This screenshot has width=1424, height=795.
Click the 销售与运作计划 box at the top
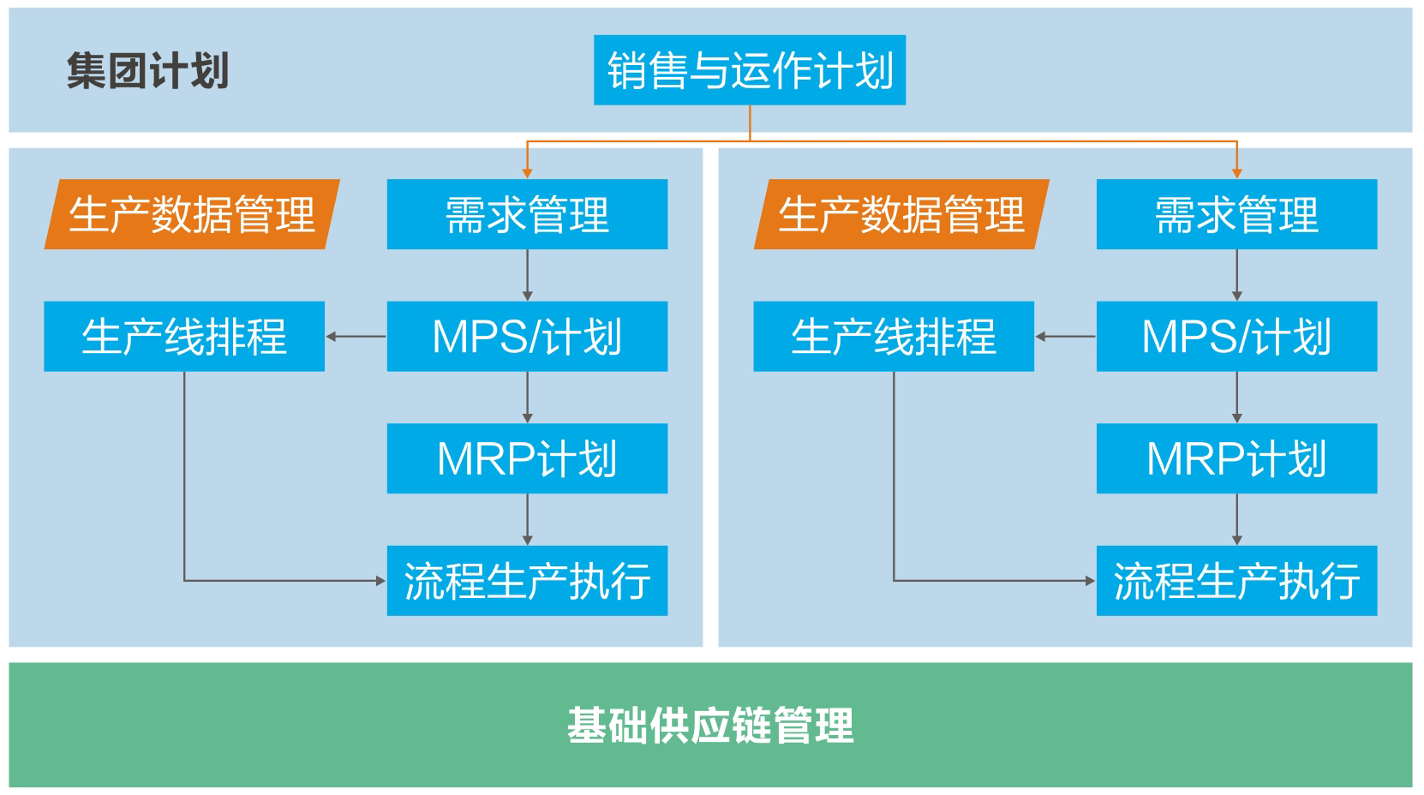point(750,70)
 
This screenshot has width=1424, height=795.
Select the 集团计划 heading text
point(147,70)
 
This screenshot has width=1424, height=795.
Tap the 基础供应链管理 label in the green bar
point(710,725)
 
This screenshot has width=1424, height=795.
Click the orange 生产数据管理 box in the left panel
point(192,214)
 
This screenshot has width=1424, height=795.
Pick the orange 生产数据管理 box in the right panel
point(901,214)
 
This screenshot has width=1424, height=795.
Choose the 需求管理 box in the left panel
point(527,214)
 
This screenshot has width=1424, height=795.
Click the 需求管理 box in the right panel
point(1236,214)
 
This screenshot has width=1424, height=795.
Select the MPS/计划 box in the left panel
point(527,336)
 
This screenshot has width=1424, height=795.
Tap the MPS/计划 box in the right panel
point(1236,336)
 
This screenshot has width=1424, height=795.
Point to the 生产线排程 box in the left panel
point(184,336)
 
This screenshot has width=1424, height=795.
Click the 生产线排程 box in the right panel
point(894,336)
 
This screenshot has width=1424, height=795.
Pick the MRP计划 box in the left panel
point(527,458)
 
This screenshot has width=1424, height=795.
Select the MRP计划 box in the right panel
point(1236,458)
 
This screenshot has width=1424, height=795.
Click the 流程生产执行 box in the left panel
point(527,580)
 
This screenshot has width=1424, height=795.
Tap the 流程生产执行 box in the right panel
point(1236,580)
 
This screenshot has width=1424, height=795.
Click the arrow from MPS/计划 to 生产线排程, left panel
point(356,336)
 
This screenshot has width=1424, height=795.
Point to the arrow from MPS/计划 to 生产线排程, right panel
point(1066,336)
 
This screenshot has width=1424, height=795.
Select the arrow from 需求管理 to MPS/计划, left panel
point(527,275)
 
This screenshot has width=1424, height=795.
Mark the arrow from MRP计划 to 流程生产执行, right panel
point(1236,519)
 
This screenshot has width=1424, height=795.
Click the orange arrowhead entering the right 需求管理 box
point(1236,174)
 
